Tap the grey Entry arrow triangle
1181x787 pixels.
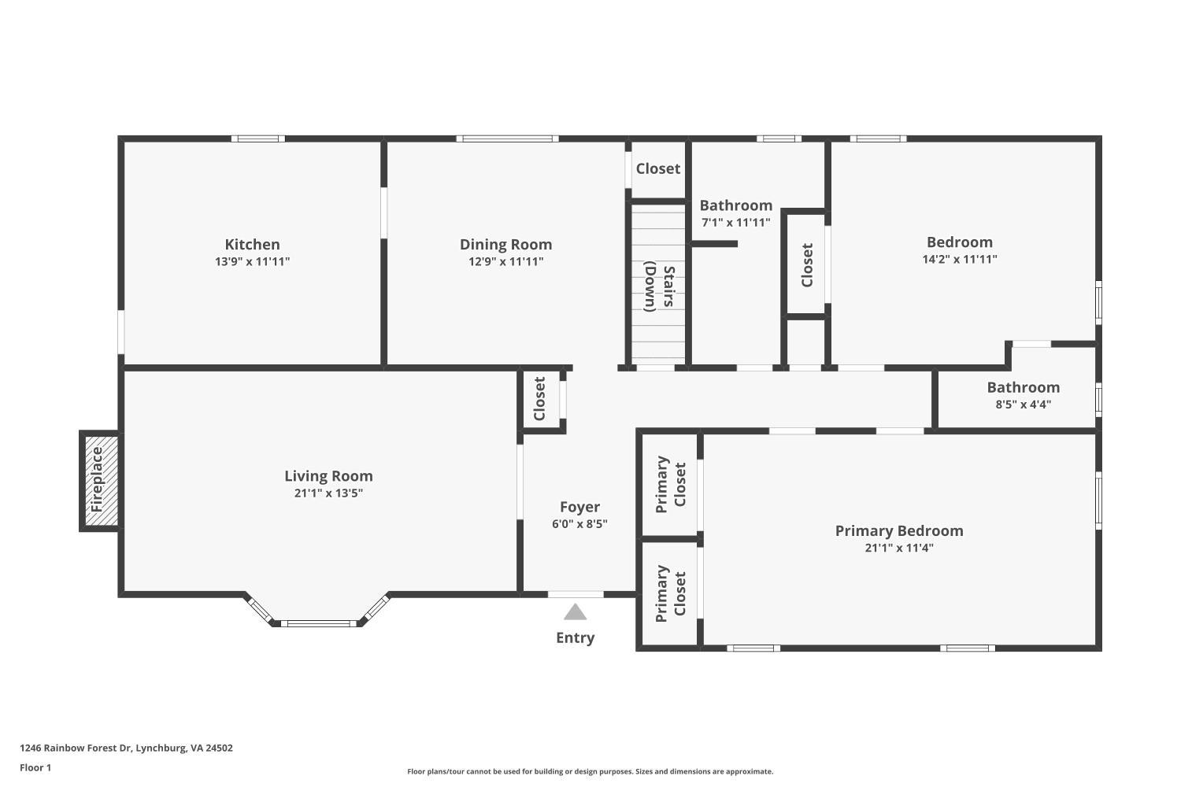[575, 612]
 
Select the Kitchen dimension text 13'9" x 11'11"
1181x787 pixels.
[252, 261]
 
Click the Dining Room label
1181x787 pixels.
[505, 245]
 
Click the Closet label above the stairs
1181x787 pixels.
[657, 168]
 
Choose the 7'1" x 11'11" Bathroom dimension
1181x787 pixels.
[735, 223]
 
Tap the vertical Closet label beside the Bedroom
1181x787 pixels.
[806, 265]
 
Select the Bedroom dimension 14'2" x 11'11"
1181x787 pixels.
[959, 259]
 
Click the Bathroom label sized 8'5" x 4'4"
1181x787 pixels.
[1023, 387]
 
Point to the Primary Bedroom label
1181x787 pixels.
[898, 530]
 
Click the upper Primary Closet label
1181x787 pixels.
[670, 484]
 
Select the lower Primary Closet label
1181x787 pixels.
[670, 593]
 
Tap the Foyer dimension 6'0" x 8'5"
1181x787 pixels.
[579, 524]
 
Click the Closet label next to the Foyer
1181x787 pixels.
[539, 399]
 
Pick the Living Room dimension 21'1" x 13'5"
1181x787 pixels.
[328, 493]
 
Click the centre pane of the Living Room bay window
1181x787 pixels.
[318, 623]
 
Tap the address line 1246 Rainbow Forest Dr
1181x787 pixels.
[126, 748]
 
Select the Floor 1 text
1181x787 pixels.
[35, 767]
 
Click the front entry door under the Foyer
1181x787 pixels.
[576, 594]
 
